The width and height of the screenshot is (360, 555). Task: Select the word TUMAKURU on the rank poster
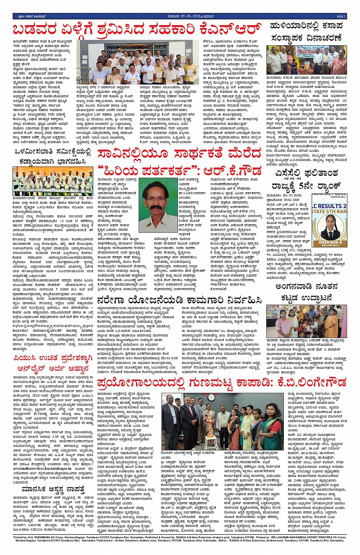336,197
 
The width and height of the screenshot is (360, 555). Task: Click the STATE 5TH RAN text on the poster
330,212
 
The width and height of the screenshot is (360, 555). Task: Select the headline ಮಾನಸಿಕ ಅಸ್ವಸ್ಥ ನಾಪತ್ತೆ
53,489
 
